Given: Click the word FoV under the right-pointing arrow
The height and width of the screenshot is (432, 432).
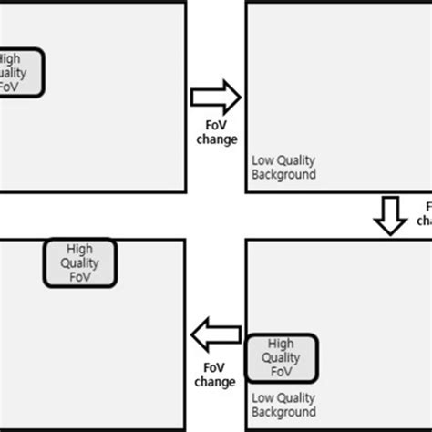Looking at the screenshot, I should pos(215,126).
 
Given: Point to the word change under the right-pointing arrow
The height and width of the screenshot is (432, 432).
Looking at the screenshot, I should pos(216,139).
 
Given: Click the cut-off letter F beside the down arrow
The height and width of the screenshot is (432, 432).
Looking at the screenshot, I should pos(427,207).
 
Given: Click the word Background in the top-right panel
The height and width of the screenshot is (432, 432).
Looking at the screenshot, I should pos(283,174).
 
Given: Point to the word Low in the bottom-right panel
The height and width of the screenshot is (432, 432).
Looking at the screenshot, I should pos(262,398).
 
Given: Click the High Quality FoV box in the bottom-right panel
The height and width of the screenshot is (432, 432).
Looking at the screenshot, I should pos(282,358).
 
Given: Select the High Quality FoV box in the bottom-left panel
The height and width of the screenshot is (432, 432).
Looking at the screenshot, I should pos(80,262).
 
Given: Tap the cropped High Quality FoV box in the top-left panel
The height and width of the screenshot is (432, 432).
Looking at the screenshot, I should pos(20,73).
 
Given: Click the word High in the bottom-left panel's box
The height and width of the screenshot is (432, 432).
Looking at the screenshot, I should pos(81,249).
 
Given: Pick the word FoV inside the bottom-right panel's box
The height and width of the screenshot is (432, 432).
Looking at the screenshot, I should pos(283,372).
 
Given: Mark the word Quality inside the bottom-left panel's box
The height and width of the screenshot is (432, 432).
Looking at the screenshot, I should pos(81,263).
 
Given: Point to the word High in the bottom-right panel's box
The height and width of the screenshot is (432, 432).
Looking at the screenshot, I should pos(283,345).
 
